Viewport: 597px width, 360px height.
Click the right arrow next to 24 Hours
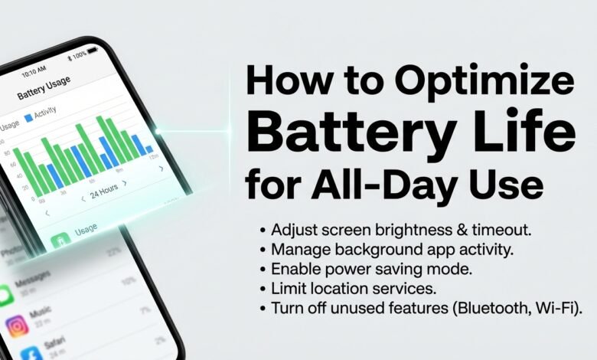pos(125,184)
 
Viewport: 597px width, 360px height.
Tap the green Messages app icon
pos(7,294)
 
